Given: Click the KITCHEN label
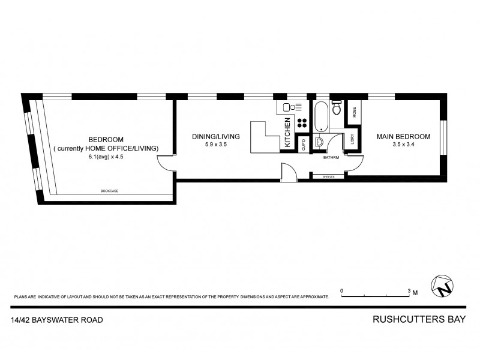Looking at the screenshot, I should pos(287,133).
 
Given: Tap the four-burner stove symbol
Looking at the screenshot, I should pos(302,124).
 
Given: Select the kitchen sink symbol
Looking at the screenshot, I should pos(285,108).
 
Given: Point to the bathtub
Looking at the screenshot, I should pos(321,116).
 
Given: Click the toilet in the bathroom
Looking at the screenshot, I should pos(337,109).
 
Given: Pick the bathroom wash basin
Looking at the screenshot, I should pos(320,143).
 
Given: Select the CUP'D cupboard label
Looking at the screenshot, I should pos(304,144).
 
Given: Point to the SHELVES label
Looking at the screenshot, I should pos(328,176).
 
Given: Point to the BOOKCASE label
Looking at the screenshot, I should pos(109,191).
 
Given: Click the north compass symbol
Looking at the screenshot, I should pos(442,286).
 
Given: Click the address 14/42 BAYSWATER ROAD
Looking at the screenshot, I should pos(56,320).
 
